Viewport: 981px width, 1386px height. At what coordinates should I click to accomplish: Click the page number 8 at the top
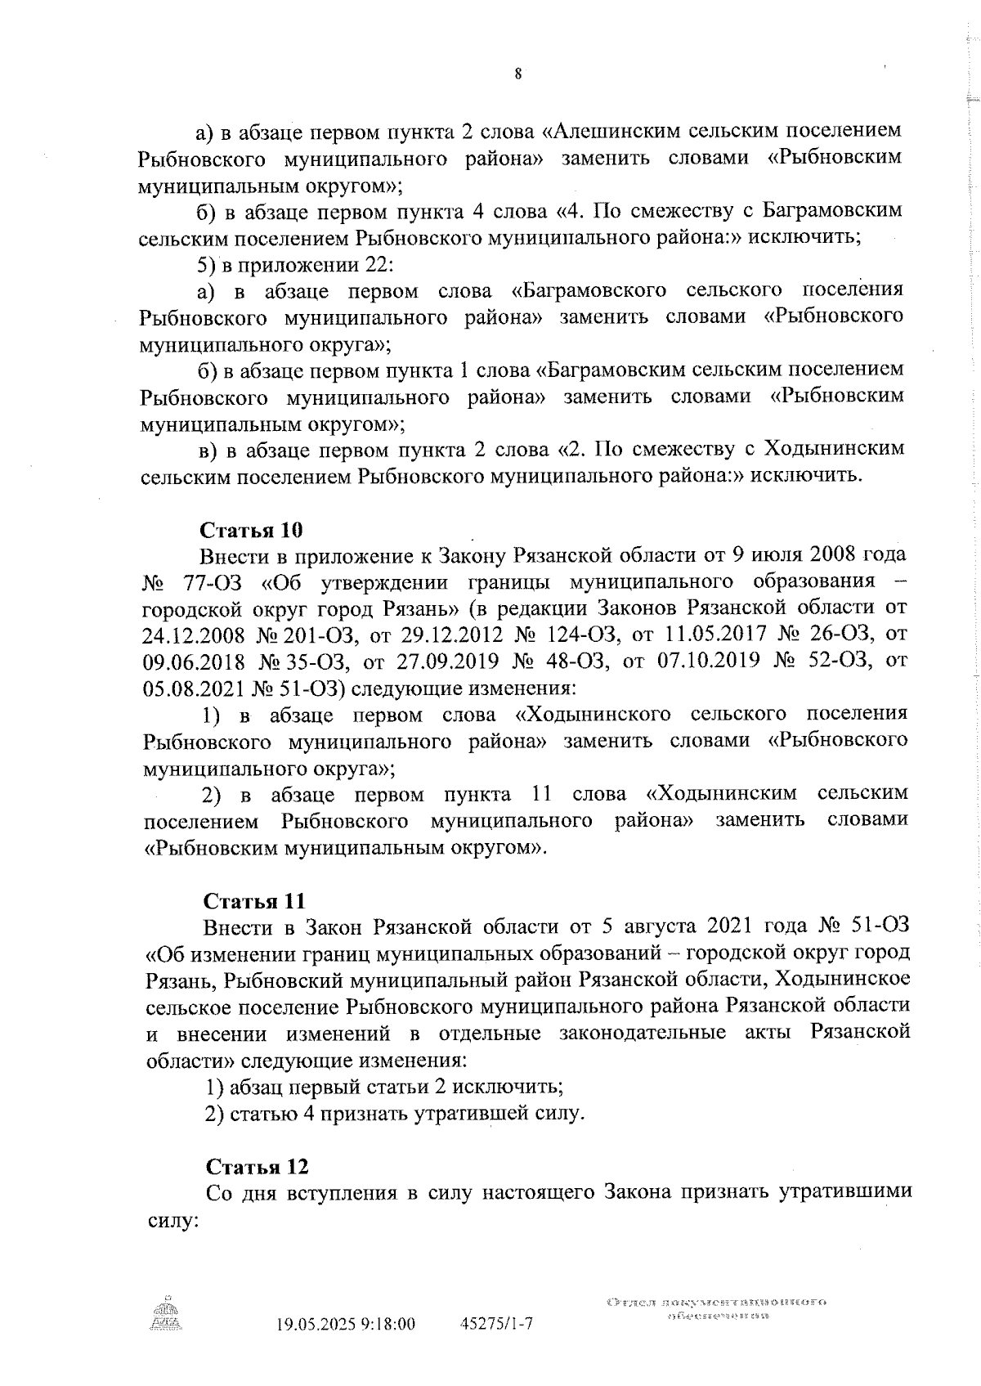coord(518,74)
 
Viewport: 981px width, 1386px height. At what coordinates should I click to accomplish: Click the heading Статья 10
coord(252,530)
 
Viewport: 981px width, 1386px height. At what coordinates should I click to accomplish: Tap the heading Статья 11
coord(254,902)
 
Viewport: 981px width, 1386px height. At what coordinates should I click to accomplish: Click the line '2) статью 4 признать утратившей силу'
coord(394,1114)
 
